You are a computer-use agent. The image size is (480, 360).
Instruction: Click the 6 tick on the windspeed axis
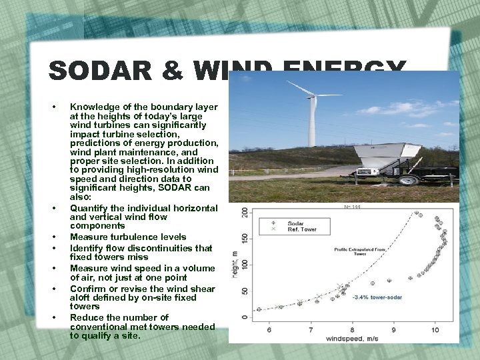[x=269, y=330]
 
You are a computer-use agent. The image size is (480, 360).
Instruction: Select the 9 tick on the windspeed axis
[x=393, y=330]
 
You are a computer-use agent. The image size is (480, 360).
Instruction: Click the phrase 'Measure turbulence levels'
[x=127, y=237]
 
